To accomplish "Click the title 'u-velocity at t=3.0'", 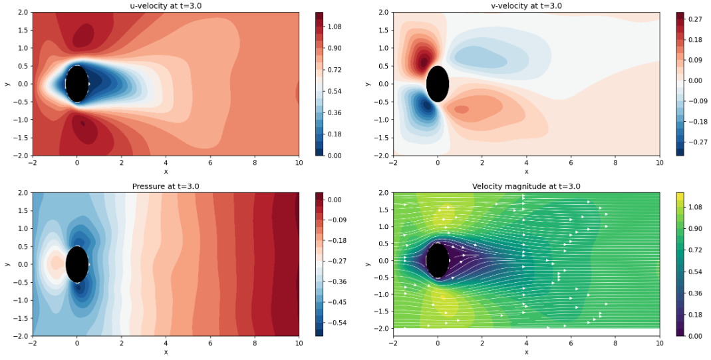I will pos(166,6).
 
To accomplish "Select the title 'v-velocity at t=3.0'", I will pos(526,6).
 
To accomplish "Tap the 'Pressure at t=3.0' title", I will pos(166,186).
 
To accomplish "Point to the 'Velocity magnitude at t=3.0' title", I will pos(526,186).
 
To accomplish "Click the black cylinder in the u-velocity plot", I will pos(77,84).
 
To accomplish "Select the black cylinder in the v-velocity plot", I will pos(438,84).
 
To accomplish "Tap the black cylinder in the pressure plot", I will pos(77,264).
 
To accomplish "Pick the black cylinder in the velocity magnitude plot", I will pos(438,261).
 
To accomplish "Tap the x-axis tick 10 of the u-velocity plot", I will pos(299,162).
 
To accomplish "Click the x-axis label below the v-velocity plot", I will pos(526,171).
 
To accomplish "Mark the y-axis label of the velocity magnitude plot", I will pos(368,264).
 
